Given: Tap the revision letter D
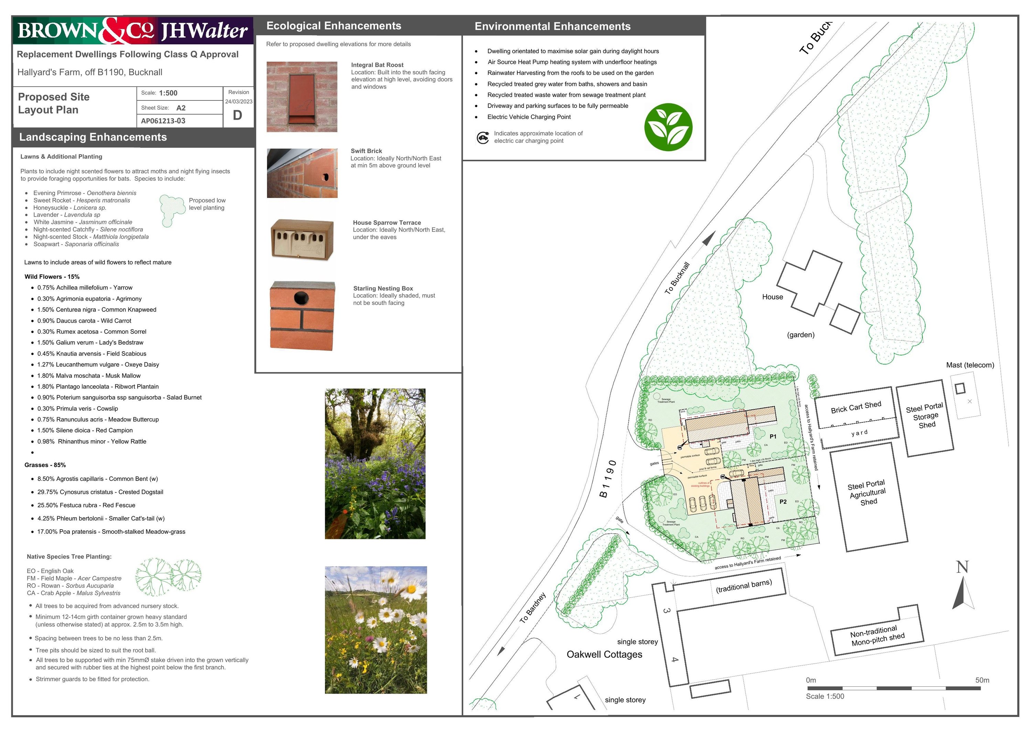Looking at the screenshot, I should click(237, 115).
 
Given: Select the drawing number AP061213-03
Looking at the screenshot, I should click(163, 121).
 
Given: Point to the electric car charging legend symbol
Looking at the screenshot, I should click(483, 137).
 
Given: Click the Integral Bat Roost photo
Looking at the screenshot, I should click(302, 97).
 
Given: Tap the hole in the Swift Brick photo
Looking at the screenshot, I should click(325, 177).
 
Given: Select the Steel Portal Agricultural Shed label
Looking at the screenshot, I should click(867, 493).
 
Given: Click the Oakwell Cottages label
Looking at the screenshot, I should click(604, 654).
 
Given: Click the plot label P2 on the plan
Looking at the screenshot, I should click(783, 502).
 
